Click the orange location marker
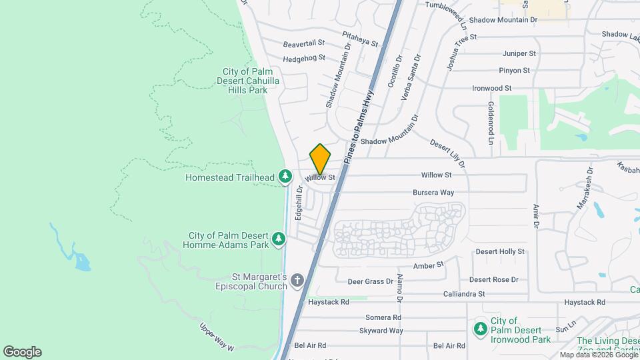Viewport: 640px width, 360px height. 320,159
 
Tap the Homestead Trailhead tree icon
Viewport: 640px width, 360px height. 285,176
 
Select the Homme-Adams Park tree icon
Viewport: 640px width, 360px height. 279,239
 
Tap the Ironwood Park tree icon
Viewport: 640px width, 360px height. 480,328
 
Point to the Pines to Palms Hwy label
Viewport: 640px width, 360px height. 360,126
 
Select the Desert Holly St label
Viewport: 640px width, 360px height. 500,252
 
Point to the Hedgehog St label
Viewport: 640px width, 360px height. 303,58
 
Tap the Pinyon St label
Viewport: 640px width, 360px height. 514,70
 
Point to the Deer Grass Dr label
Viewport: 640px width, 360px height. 371,281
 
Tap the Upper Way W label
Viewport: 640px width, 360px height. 218,338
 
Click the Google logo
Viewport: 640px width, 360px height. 22,351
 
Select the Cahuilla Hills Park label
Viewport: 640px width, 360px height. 245,81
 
